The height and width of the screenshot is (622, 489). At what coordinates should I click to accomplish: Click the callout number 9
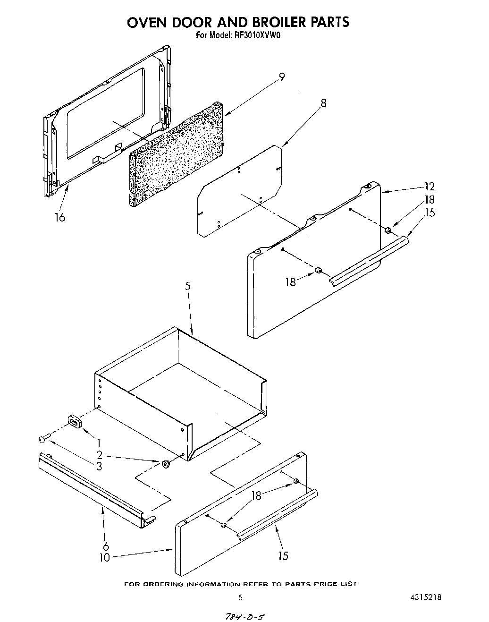click(282, 77)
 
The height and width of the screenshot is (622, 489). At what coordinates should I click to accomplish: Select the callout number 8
click(323, 103)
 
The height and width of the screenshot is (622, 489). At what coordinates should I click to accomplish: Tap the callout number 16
click(60, 217)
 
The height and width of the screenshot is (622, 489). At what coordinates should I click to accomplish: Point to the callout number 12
click(430, 187)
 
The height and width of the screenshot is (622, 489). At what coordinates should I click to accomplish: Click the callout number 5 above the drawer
click(188, 286)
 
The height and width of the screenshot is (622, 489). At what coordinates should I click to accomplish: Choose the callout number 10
click(104, 557)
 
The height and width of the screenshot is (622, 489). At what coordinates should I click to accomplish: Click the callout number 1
click(99, 443)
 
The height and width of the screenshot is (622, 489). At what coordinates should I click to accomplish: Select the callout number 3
click(99, 466)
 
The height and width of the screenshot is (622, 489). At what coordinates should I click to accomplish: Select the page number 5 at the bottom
click(240, 597)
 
